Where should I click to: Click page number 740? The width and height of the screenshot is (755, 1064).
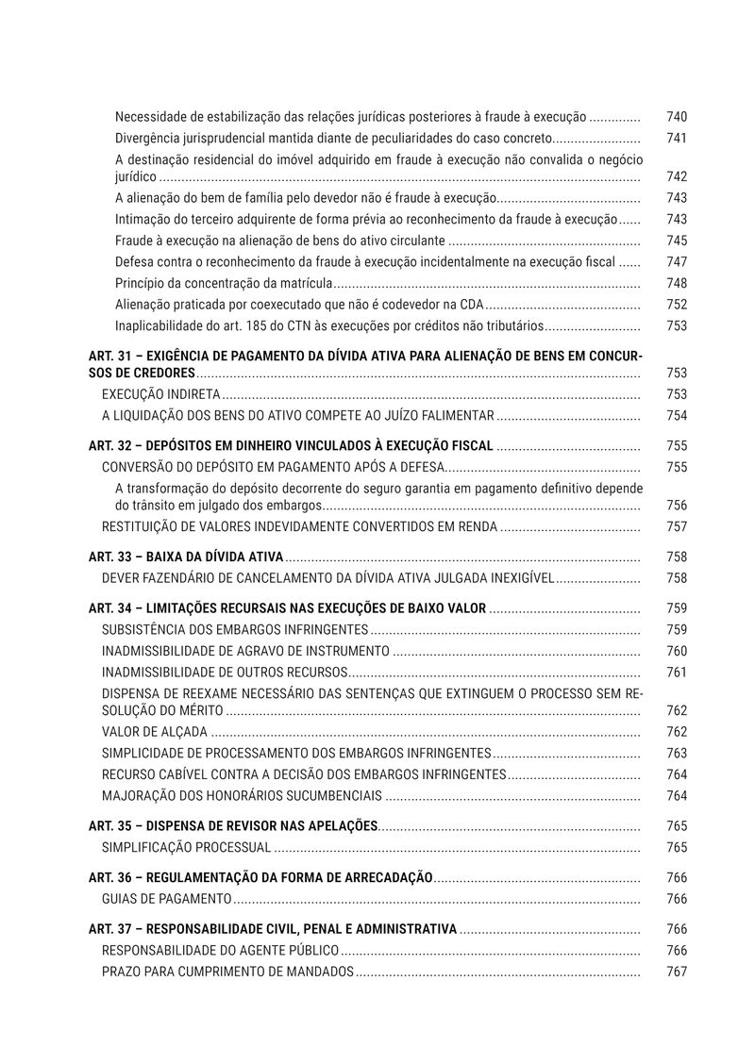click(x=676, y=117)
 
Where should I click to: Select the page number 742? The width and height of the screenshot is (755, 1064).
click(x=676, y=176)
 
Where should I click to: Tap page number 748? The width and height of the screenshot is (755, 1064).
click(x=676, y=283)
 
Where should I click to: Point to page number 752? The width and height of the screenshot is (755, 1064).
click(x=676, y=305)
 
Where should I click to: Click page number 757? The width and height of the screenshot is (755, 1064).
click(x=676, y=526)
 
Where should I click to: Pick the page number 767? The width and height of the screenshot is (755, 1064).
click(x=676, y=972)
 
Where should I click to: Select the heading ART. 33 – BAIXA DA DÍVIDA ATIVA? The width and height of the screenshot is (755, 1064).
click(x=186, y=557)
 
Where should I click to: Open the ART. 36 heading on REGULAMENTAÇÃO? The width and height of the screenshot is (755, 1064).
click(x=260, y=877)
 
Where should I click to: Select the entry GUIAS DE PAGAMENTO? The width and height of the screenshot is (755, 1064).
click(x=166, y=899)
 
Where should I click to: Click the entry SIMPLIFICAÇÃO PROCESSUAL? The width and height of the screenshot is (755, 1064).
click(x=186, y=847)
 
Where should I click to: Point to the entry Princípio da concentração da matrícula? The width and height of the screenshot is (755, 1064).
click(x=224, y=283)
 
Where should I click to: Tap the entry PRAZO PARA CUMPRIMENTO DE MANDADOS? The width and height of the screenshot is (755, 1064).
click(x=227, y=972)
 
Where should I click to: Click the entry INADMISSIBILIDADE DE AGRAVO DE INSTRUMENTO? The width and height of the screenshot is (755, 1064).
click(x=244, y=651)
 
